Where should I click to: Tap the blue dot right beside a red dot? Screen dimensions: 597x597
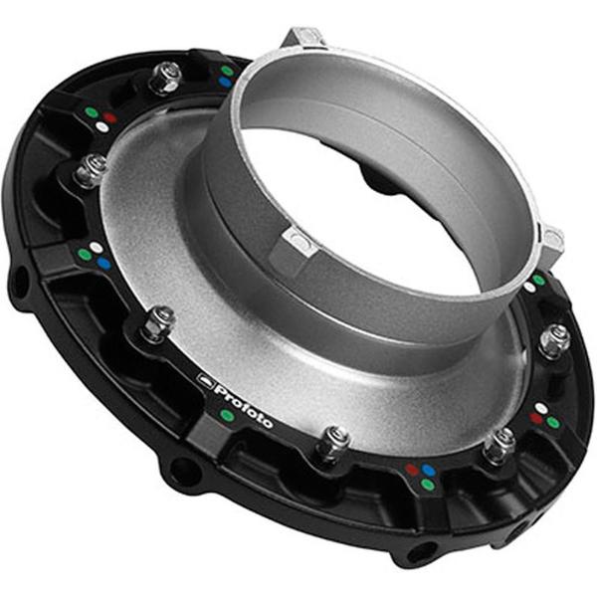pos(428,470)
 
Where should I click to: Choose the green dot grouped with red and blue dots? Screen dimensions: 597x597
pos(427,485)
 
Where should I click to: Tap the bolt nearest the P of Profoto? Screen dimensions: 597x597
pos(157,323)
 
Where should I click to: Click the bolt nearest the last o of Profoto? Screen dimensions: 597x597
pos(333,441)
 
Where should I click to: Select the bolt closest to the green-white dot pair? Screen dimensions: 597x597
pos(554,339)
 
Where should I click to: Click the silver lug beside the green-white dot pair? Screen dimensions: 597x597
pos(550,239)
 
